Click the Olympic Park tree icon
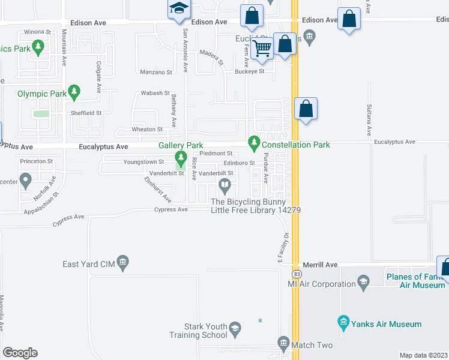tap(74, 91)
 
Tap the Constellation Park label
tap(296, 145)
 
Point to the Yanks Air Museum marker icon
tap(343, 324)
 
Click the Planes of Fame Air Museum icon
tap(363, 281)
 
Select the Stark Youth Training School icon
tap(235, 328)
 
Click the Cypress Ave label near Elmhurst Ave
tap(171, 209)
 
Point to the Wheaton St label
tap(147, 129)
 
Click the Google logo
tap(20, 353)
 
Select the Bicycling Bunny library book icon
tap(224, 184)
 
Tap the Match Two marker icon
tap(284, 343)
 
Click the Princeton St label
tap(37, 161)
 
